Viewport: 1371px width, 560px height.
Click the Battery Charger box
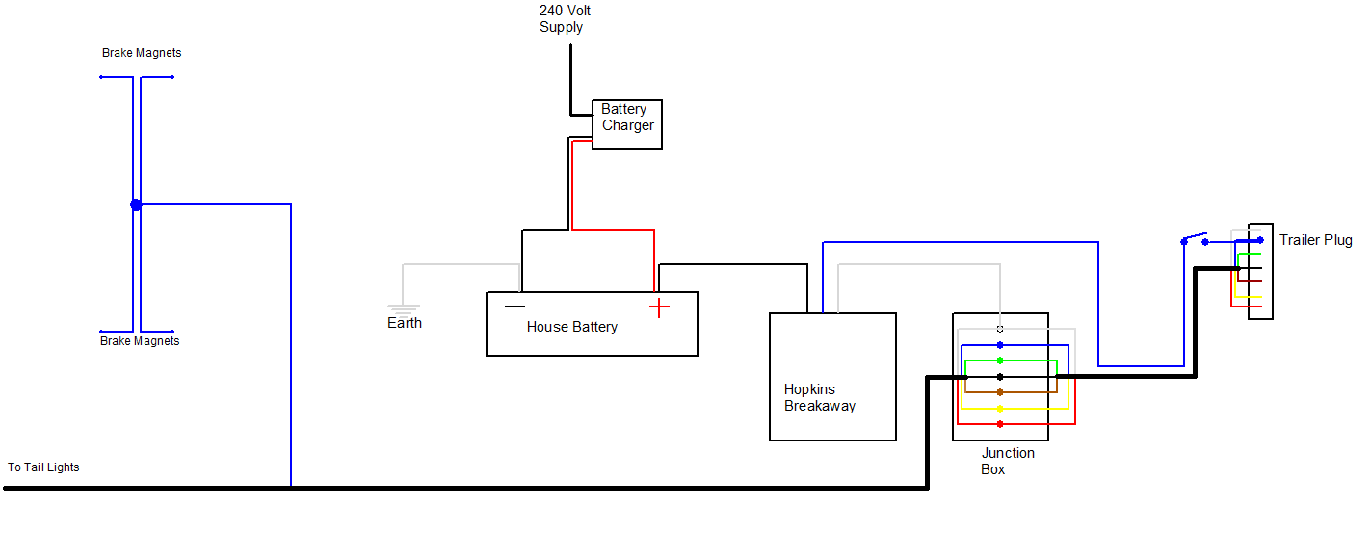click(x=626, y=124)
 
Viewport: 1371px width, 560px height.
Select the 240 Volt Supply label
click(x=565, y=18)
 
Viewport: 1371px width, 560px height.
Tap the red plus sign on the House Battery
click(x=659, y=307)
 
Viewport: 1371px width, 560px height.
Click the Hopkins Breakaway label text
click(x=820, y=397)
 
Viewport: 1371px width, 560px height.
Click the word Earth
click(x=405, y=323)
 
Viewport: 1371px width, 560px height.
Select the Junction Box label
click(x=1007, y=461)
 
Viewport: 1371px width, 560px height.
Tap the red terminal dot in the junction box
click(x=1000, y=424)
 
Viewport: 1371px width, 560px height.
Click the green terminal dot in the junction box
click(x=1000, y=360)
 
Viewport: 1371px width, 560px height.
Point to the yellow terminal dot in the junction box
click(x=1000, y=409)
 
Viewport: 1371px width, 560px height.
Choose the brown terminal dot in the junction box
click(x=1000, y=392)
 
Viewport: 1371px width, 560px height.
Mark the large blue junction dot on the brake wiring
click(x=136, y=204)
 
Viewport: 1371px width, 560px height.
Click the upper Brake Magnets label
click(x=142, y=53)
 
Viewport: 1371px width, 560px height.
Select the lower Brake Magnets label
click(x=140, y=341)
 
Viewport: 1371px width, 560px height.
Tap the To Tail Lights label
click(x=43, y=467)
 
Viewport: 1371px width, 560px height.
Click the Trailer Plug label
click(x=1315, y=240)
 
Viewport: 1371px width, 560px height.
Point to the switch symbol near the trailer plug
click(x=1195, y=238)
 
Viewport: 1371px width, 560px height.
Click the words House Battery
click(x=571, y=327)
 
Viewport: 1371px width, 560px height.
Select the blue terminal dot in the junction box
click(x=1000, y=344)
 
